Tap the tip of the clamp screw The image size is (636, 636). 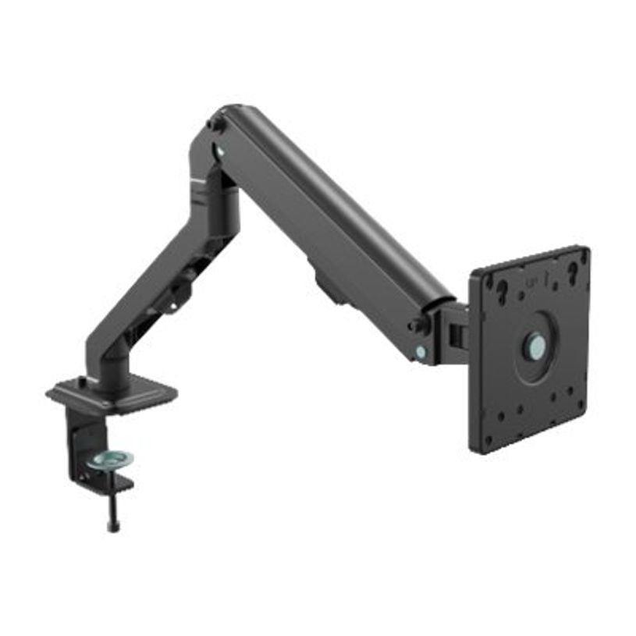click(114, 527)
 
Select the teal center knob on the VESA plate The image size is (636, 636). click(535, 344)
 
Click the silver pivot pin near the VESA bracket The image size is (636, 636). click(421, 352)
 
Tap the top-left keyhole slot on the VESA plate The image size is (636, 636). click(500, 290)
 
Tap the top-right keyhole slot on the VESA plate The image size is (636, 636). click(572, 270)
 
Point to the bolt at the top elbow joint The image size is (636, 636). click(213, 123)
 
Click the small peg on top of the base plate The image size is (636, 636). click(81, 381)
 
